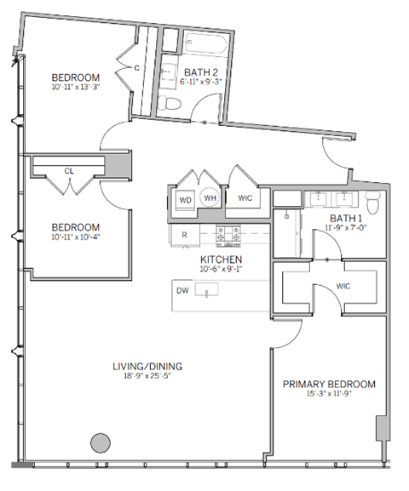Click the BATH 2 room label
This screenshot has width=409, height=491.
201,72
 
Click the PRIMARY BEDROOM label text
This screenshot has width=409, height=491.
329,384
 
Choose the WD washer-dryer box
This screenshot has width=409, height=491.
185,201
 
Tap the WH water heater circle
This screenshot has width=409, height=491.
210,200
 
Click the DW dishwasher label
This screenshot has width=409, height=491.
181,291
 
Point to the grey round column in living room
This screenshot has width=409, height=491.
101,443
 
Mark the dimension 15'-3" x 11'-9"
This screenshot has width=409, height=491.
329,395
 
